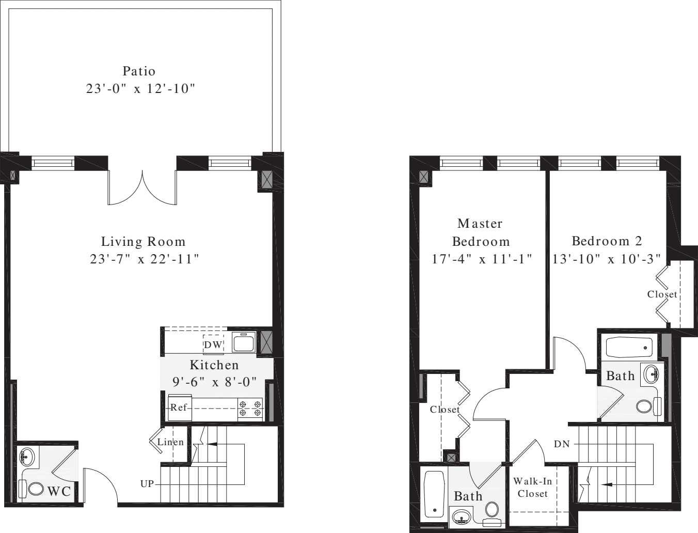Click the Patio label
[x=139, y=71]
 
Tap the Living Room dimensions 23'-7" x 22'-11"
[x=145, y=259]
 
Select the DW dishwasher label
[x=213, y=345]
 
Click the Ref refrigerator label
[x=179, y=407]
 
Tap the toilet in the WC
[x=35, y=488]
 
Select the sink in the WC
[x=26, y=457]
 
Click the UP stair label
[x=147, y=484]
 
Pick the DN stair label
[x=562, y=444]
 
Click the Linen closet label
[x=170, y=442]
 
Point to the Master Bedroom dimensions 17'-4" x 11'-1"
[x=482, y=259]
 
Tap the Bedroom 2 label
[x=607, y=241]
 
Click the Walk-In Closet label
[x=533, y=488]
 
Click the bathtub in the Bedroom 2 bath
[x=630, y=347]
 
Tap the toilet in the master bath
[x=492, y=510]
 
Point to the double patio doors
[x=142, y=189]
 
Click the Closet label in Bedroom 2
[x=662, y=294]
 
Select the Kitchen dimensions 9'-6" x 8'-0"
[x=214, y=383]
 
